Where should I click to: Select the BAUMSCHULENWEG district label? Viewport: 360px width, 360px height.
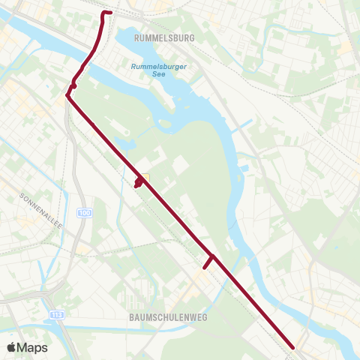pyautogui.click(x=162, y=316)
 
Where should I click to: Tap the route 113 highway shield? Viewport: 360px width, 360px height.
pyautogui.click(x=55, y=314)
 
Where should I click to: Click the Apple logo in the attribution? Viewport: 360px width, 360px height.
pyautogui.click(x=12, y=347)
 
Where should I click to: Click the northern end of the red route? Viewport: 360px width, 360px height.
pyautogui.click(x=109, y=13)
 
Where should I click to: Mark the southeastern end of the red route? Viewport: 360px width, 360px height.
pyautogui.click(x=293, y=346)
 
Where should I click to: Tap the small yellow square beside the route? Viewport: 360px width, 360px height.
pyautogui.click(x=145, y=178)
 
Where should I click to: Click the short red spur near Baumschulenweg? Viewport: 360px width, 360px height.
pyautogui.click(x=208, y=262)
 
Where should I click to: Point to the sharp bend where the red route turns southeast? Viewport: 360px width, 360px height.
pyautogui.click(x=67, y=95)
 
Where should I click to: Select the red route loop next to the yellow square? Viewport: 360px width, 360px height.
pyautogui.click(x=138, y=182)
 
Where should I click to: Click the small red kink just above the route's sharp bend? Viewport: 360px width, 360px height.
pyautogui.click(x=73, y=86)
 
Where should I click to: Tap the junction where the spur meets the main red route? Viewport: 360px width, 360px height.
pyautogui.click(x=214, y=256)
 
